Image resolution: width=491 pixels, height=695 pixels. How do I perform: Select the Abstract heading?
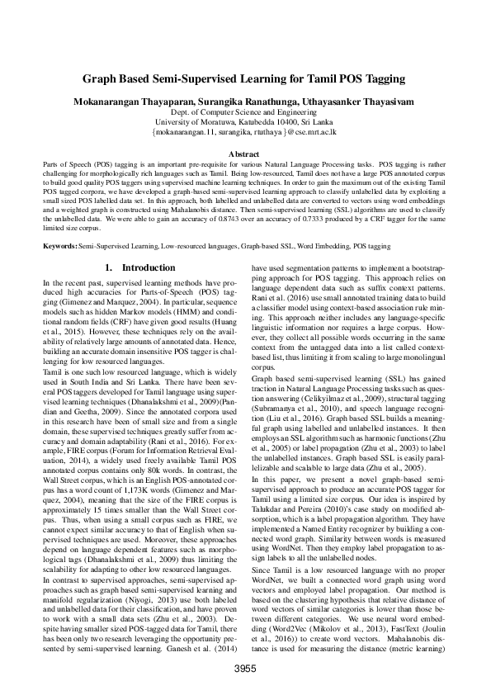click(245, 154)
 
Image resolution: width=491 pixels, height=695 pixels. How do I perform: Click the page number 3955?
click(245, 668)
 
